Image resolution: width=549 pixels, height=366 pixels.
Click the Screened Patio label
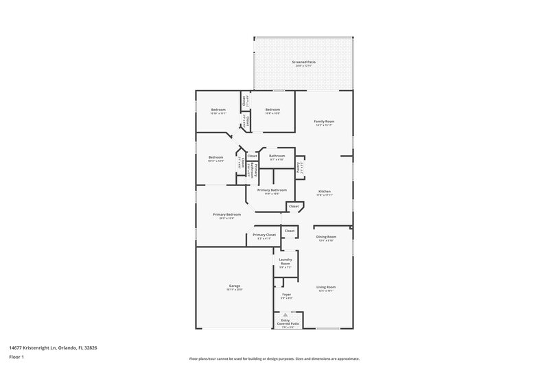(303, 62)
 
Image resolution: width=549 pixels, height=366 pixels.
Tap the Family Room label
(324, 121)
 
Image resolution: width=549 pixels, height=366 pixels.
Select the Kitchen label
(325, 191)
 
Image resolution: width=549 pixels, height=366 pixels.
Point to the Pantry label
(299, 165)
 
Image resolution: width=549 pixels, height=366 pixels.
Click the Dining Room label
(326, 237)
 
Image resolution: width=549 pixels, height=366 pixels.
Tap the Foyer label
(287, 295)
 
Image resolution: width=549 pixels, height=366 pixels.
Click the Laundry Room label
(285, 261)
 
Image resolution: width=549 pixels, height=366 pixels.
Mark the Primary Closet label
(264, 235)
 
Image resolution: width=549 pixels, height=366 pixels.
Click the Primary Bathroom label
(272, 190)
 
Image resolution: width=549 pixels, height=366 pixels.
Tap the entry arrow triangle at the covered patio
(286, 315)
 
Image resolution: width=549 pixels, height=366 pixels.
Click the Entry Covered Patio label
(287, 321)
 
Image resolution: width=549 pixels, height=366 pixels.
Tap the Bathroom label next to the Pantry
(277, 156)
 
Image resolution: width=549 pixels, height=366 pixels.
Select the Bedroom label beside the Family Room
(272, 110)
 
